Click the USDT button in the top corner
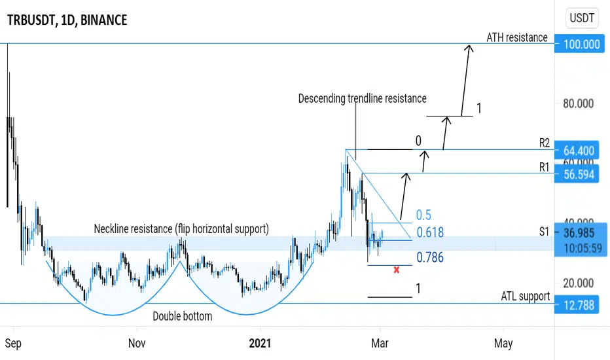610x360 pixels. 582,18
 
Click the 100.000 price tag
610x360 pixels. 580,44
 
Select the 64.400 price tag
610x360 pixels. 580,151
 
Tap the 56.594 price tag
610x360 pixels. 580,174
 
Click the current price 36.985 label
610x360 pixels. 579,233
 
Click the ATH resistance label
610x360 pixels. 517,37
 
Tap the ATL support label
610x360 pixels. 525,296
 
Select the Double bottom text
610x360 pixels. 183,316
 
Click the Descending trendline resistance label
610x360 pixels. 362,98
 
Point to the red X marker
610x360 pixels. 397,270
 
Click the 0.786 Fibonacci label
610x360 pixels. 430,257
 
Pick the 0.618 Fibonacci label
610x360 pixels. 430,232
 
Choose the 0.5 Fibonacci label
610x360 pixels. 423,215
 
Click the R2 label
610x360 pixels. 545,143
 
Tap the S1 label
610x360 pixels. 544,232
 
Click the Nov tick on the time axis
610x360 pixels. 137,343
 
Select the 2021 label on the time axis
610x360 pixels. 260,343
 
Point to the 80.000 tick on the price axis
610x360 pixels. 579,103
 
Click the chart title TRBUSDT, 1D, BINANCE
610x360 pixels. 67,20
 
